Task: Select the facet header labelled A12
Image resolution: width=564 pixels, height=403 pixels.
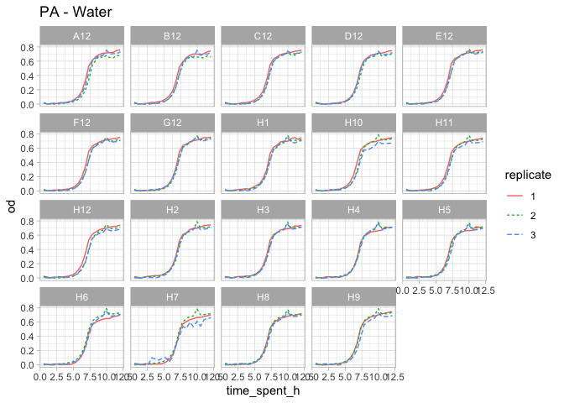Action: (82, 36)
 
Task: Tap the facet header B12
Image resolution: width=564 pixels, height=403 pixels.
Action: (173, 36)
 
